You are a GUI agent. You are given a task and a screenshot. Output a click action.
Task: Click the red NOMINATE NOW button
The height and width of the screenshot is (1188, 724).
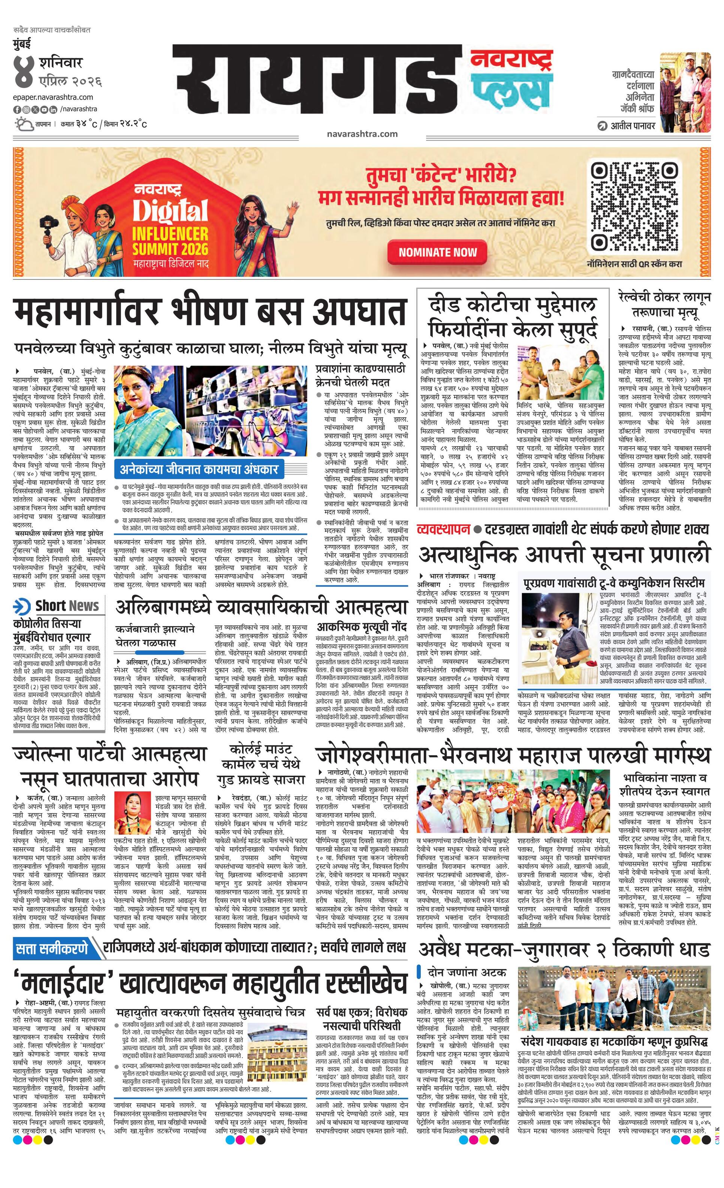[437, 252]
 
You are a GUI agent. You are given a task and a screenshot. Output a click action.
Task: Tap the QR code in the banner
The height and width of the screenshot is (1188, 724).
[634, 206]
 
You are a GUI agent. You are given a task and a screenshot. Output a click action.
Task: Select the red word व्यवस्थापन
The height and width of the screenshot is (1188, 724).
[443, 528]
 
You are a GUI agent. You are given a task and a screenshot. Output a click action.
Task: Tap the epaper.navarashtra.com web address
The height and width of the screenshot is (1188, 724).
[53, 97]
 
